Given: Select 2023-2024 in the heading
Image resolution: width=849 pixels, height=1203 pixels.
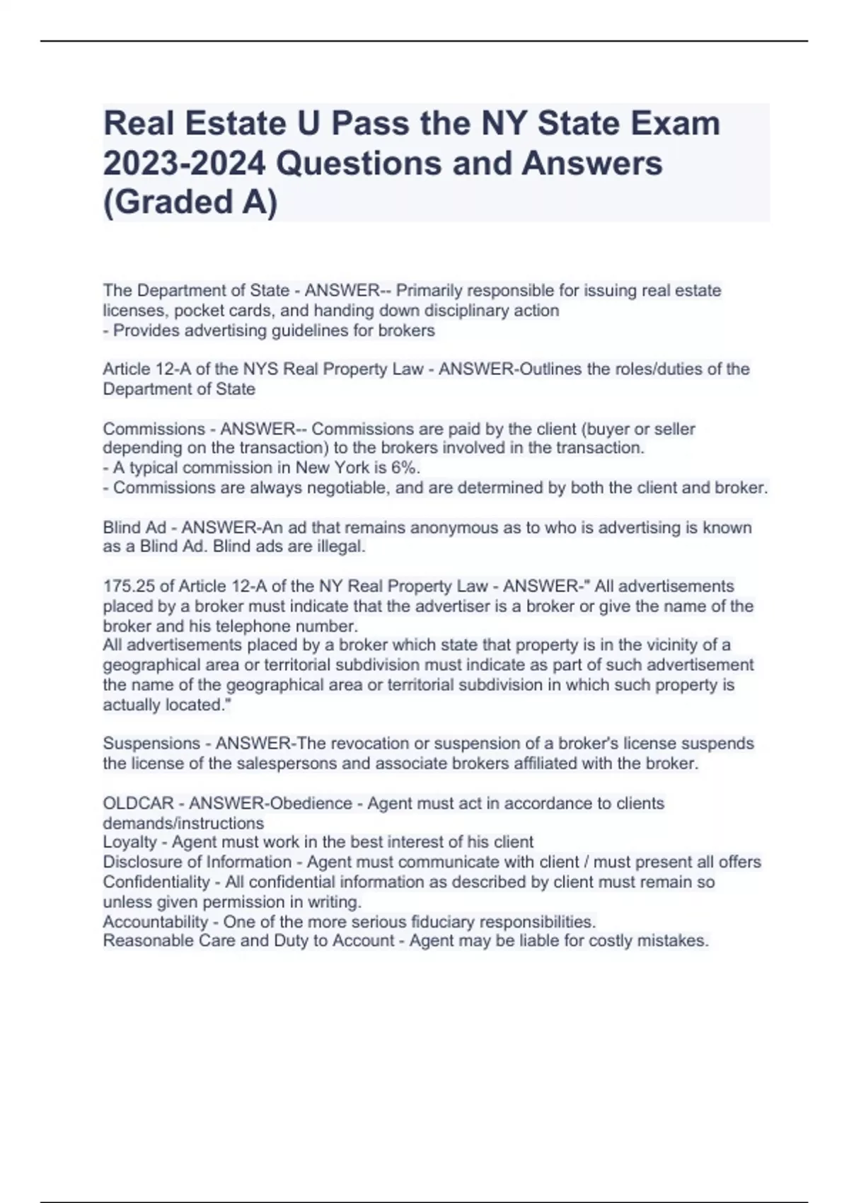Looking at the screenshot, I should point(184,163).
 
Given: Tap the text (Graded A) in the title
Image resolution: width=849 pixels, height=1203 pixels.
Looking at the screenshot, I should point(190,202).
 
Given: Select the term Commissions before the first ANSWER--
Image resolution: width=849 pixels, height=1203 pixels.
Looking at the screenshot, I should point(154,430).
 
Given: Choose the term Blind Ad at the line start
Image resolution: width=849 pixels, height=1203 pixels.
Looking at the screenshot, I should point(134,528).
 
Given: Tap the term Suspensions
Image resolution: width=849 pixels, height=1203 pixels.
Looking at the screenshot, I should point(151,744).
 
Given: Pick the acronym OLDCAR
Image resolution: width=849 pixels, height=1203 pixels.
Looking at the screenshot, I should point(138,804).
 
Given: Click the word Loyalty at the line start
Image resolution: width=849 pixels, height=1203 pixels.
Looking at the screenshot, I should point(129,842).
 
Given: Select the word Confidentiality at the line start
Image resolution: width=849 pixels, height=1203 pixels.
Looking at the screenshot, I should point(156,882).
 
